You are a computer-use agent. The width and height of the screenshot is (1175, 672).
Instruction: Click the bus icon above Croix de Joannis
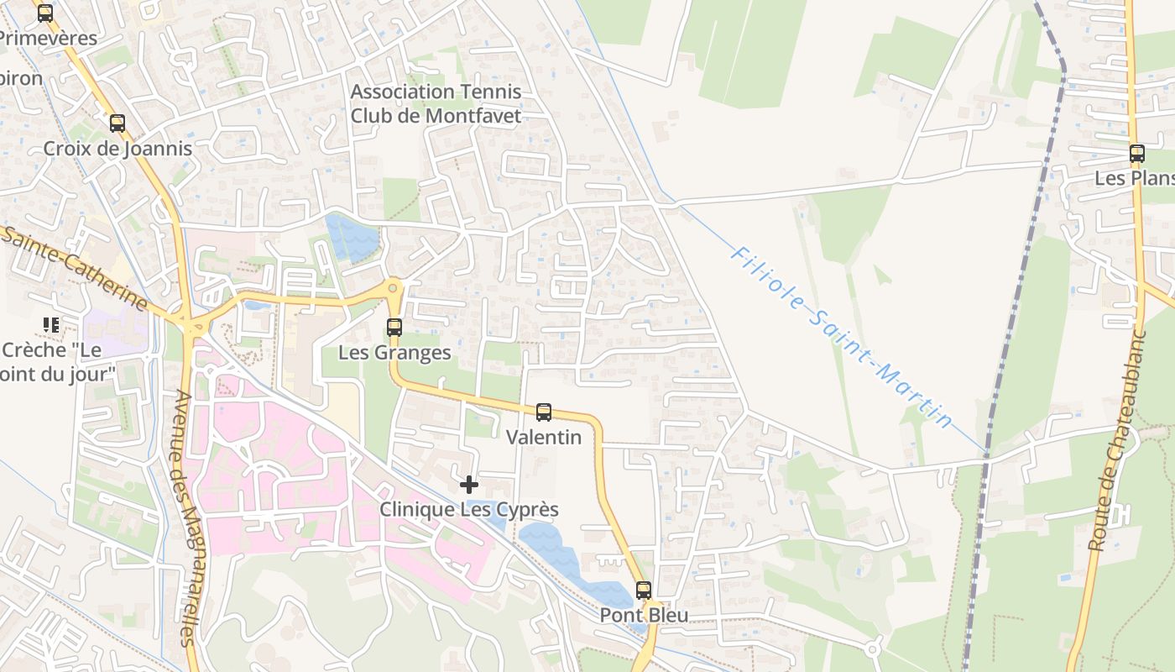(x=117, y=123)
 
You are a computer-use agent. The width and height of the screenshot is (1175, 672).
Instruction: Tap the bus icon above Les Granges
(x=394, y=328)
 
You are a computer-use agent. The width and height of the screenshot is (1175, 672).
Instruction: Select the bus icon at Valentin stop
(x=544, y=412)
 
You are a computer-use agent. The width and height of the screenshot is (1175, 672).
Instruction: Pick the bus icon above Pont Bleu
(x=644, y=591)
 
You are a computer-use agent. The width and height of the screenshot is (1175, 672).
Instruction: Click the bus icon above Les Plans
(x=1137, y=154)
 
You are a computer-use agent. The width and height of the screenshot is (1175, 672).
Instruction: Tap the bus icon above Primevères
(x=45, y=13)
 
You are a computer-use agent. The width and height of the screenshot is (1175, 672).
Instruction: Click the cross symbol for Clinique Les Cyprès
(x=469, y=485)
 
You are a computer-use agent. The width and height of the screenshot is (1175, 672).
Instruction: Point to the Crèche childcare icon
(x=51, y=325)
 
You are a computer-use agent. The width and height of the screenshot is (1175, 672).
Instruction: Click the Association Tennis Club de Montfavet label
(x=436, y=103)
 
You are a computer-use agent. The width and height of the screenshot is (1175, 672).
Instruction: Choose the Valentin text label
(x=544, y=437)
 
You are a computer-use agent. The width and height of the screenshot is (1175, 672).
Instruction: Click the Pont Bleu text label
(x=644, y=615)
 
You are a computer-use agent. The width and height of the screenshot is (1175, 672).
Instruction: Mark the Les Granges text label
(x=394, y=352)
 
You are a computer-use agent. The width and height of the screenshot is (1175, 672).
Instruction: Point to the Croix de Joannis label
(x=117, y=149)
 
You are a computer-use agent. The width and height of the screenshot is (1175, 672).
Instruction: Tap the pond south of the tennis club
(x=352, y=238)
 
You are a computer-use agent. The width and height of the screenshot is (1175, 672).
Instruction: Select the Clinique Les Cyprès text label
(x=469, y=509)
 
